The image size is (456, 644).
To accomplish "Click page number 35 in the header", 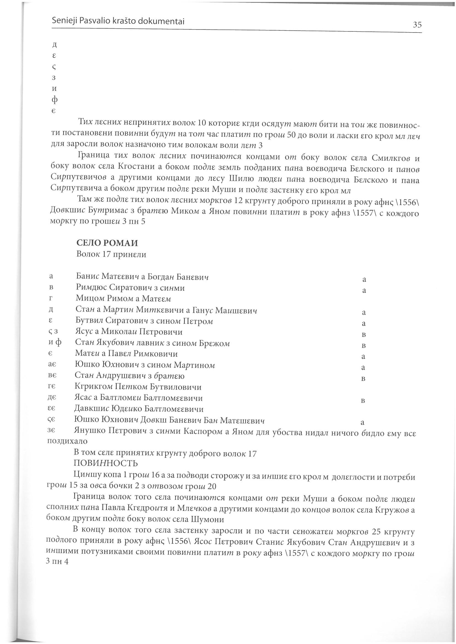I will [x=417, y=25].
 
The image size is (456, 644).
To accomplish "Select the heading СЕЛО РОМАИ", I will [x=107, y=242].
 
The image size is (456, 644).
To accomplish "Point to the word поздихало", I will [x=67, y=441].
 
